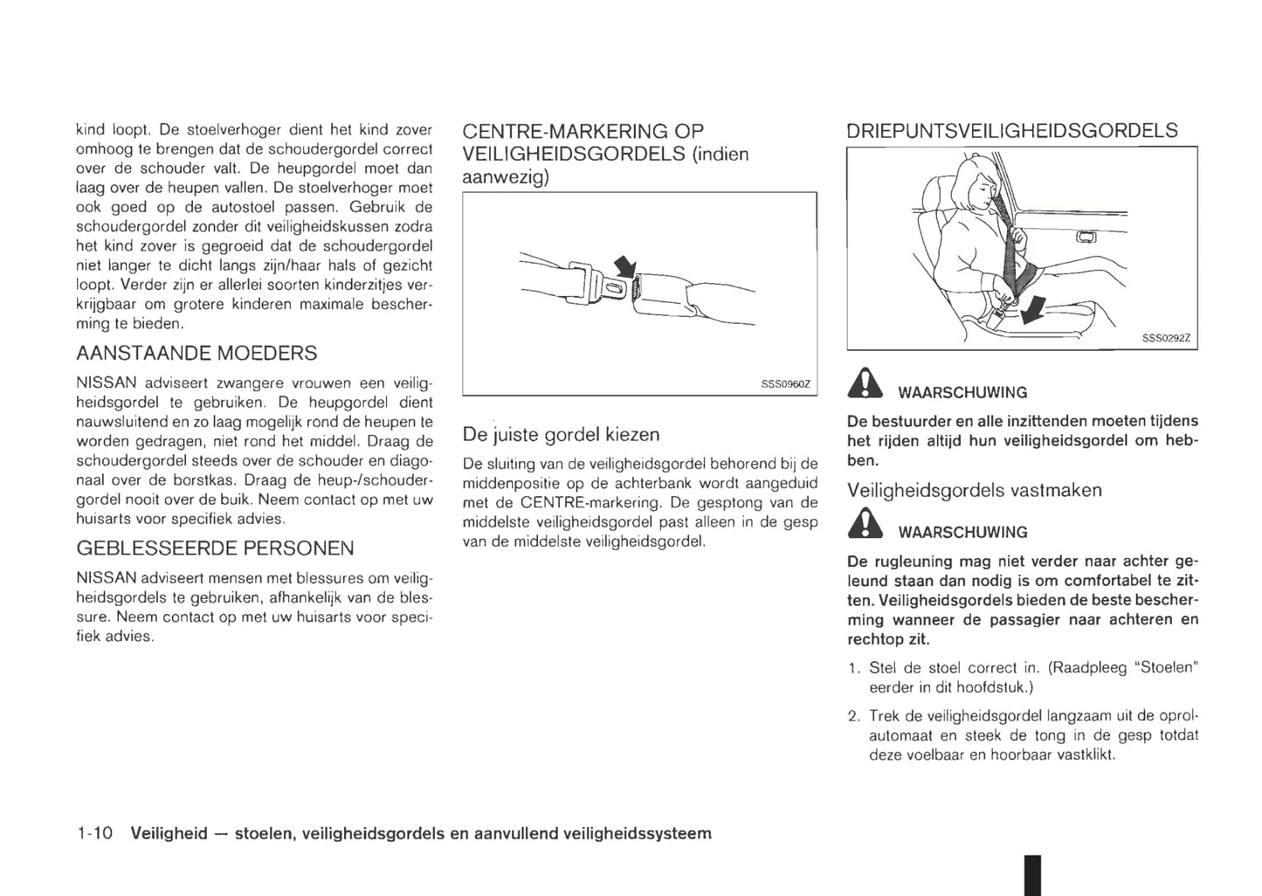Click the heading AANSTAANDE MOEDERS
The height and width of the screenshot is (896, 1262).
click(x=197, y=354)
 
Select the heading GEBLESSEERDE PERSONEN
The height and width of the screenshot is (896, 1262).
click(x=215, y=548)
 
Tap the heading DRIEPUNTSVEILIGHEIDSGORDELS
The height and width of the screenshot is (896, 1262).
click(x=1011, y=131)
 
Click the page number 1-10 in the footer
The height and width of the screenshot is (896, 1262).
click(x=94, y=833)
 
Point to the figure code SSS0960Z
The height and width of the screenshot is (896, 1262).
click(x=786, y=383)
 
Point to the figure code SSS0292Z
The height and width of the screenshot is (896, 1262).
click(x=1167, y=339)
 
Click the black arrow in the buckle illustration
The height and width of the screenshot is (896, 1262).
click(x=625, y=266)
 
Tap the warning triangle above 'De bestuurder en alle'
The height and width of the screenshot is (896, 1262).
click(x=865, y=385)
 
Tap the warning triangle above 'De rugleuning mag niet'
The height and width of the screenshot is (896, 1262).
click(x=865, y=525)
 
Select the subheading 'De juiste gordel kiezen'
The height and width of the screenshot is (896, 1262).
click(x=561, y=435)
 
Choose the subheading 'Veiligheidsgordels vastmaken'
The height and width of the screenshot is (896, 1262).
click(x=974, y=490)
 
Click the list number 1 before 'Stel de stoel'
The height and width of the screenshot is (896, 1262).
click(x=852, y=668)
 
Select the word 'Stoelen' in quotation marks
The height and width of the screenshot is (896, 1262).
click(x=1166, y=668)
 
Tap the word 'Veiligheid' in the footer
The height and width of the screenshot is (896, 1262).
click(x=169, y=833)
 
